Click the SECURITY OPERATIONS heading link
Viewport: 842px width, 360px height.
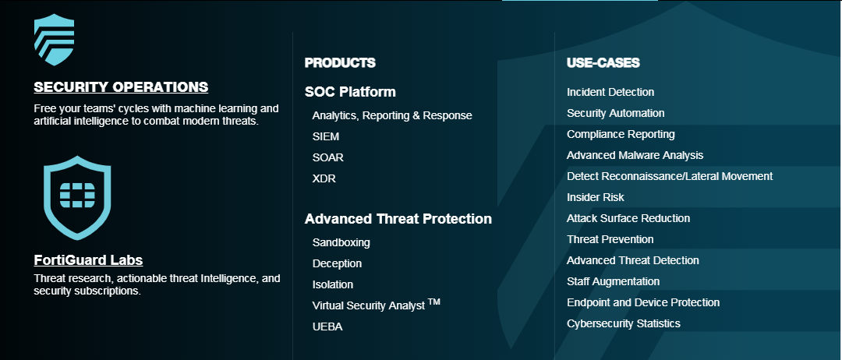[x=121, y=87]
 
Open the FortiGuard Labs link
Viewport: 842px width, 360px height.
[x=88, y=260]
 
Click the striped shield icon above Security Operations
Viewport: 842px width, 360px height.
[x=54, y=40]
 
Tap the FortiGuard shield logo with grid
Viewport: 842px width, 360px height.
[x=77, y=197]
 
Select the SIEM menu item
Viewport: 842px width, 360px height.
[x=325, y=136]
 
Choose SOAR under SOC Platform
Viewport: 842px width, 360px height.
[x=327, y=157]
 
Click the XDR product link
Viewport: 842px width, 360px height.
[x=324, y=178]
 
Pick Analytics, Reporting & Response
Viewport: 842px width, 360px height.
[x=392, y=115]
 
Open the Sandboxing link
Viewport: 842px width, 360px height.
[x=341, y=242]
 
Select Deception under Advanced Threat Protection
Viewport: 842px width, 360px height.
[x=337, y=263]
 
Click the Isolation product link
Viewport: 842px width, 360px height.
[x=333, y=284]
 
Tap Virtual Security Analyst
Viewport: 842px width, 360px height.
[x=376, y=305]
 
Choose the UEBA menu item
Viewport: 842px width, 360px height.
[x=327, y=326]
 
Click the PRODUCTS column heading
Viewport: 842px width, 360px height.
[x=340, y=63]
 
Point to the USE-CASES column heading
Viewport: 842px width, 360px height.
[x=603, y=63]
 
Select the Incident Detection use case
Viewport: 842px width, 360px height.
[x=610, y=92]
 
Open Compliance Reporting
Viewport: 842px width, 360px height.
[x=621, y=134]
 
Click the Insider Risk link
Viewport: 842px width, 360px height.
[x=596, y=197]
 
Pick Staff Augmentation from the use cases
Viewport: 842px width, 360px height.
[x=614, y=281]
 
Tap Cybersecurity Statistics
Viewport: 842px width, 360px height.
[x=624, y=323]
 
